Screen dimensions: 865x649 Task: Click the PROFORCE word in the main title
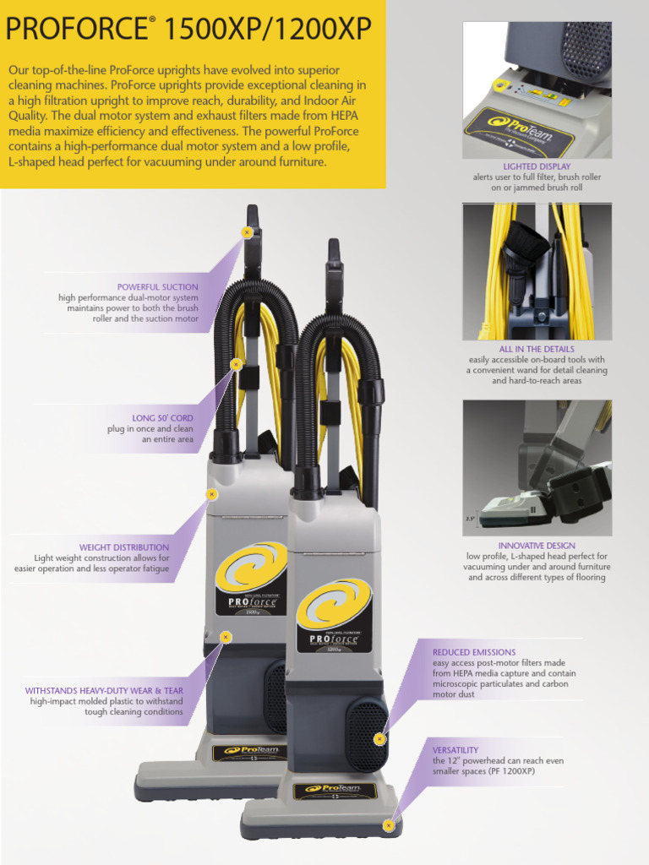point(75,30)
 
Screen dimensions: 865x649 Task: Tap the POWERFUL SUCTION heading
point(158,287)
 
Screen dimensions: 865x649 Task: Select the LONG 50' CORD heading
point(162,418)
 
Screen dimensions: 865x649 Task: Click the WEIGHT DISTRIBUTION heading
point(124,547)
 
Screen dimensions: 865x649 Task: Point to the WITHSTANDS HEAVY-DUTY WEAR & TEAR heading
point(104,691)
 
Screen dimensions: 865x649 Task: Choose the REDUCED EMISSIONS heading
point(474,652)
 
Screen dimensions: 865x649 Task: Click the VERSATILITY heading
point(455,750)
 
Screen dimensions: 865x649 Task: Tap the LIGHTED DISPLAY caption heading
point(537,166)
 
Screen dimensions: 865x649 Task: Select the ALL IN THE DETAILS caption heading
point(537,349)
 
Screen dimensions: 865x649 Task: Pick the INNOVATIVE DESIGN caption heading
point(537,546)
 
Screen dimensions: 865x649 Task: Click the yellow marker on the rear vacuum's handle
point(247,231)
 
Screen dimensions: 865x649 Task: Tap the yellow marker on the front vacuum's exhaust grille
point(379,739)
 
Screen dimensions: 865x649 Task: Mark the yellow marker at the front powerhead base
point(389,824)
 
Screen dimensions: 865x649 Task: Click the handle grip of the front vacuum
point(334,253)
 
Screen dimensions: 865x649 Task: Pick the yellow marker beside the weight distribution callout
point(212,494)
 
